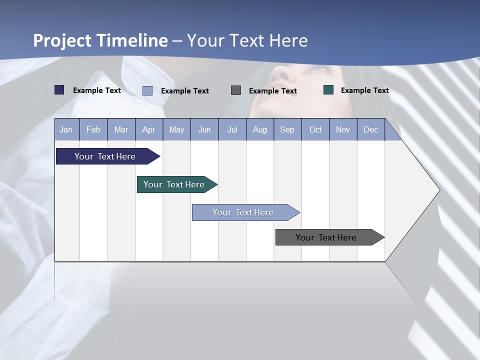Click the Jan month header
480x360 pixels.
pos(66,130)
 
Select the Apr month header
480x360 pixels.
pos(148,130)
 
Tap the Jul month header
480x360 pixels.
pos(232,130)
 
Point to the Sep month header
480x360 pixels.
pos(287,130)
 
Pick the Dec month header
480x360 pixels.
pos(370,130)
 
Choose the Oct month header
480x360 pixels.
pos(315,130)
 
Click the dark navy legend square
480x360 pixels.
pos(59,90)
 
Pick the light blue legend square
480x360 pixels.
pos(147,90)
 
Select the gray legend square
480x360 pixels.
pos(236,90)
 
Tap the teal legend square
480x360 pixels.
pos(328,90)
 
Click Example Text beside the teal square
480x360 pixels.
pos(364,90)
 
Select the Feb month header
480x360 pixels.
pos(93,130)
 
